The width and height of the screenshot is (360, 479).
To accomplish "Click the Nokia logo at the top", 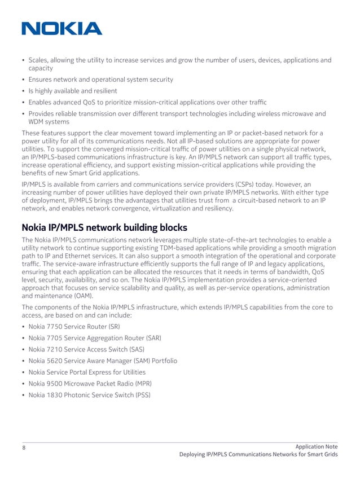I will pos(62,28).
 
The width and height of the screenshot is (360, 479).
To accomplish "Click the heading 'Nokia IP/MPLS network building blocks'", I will pos(105,228).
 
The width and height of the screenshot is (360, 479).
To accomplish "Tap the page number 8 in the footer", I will pos(24,447).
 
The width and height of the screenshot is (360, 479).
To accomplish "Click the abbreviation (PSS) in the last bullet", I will pos(142,395).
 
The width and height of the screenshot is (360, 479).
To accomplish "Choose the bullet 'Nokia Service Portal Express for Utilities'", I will pos(87,372).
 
